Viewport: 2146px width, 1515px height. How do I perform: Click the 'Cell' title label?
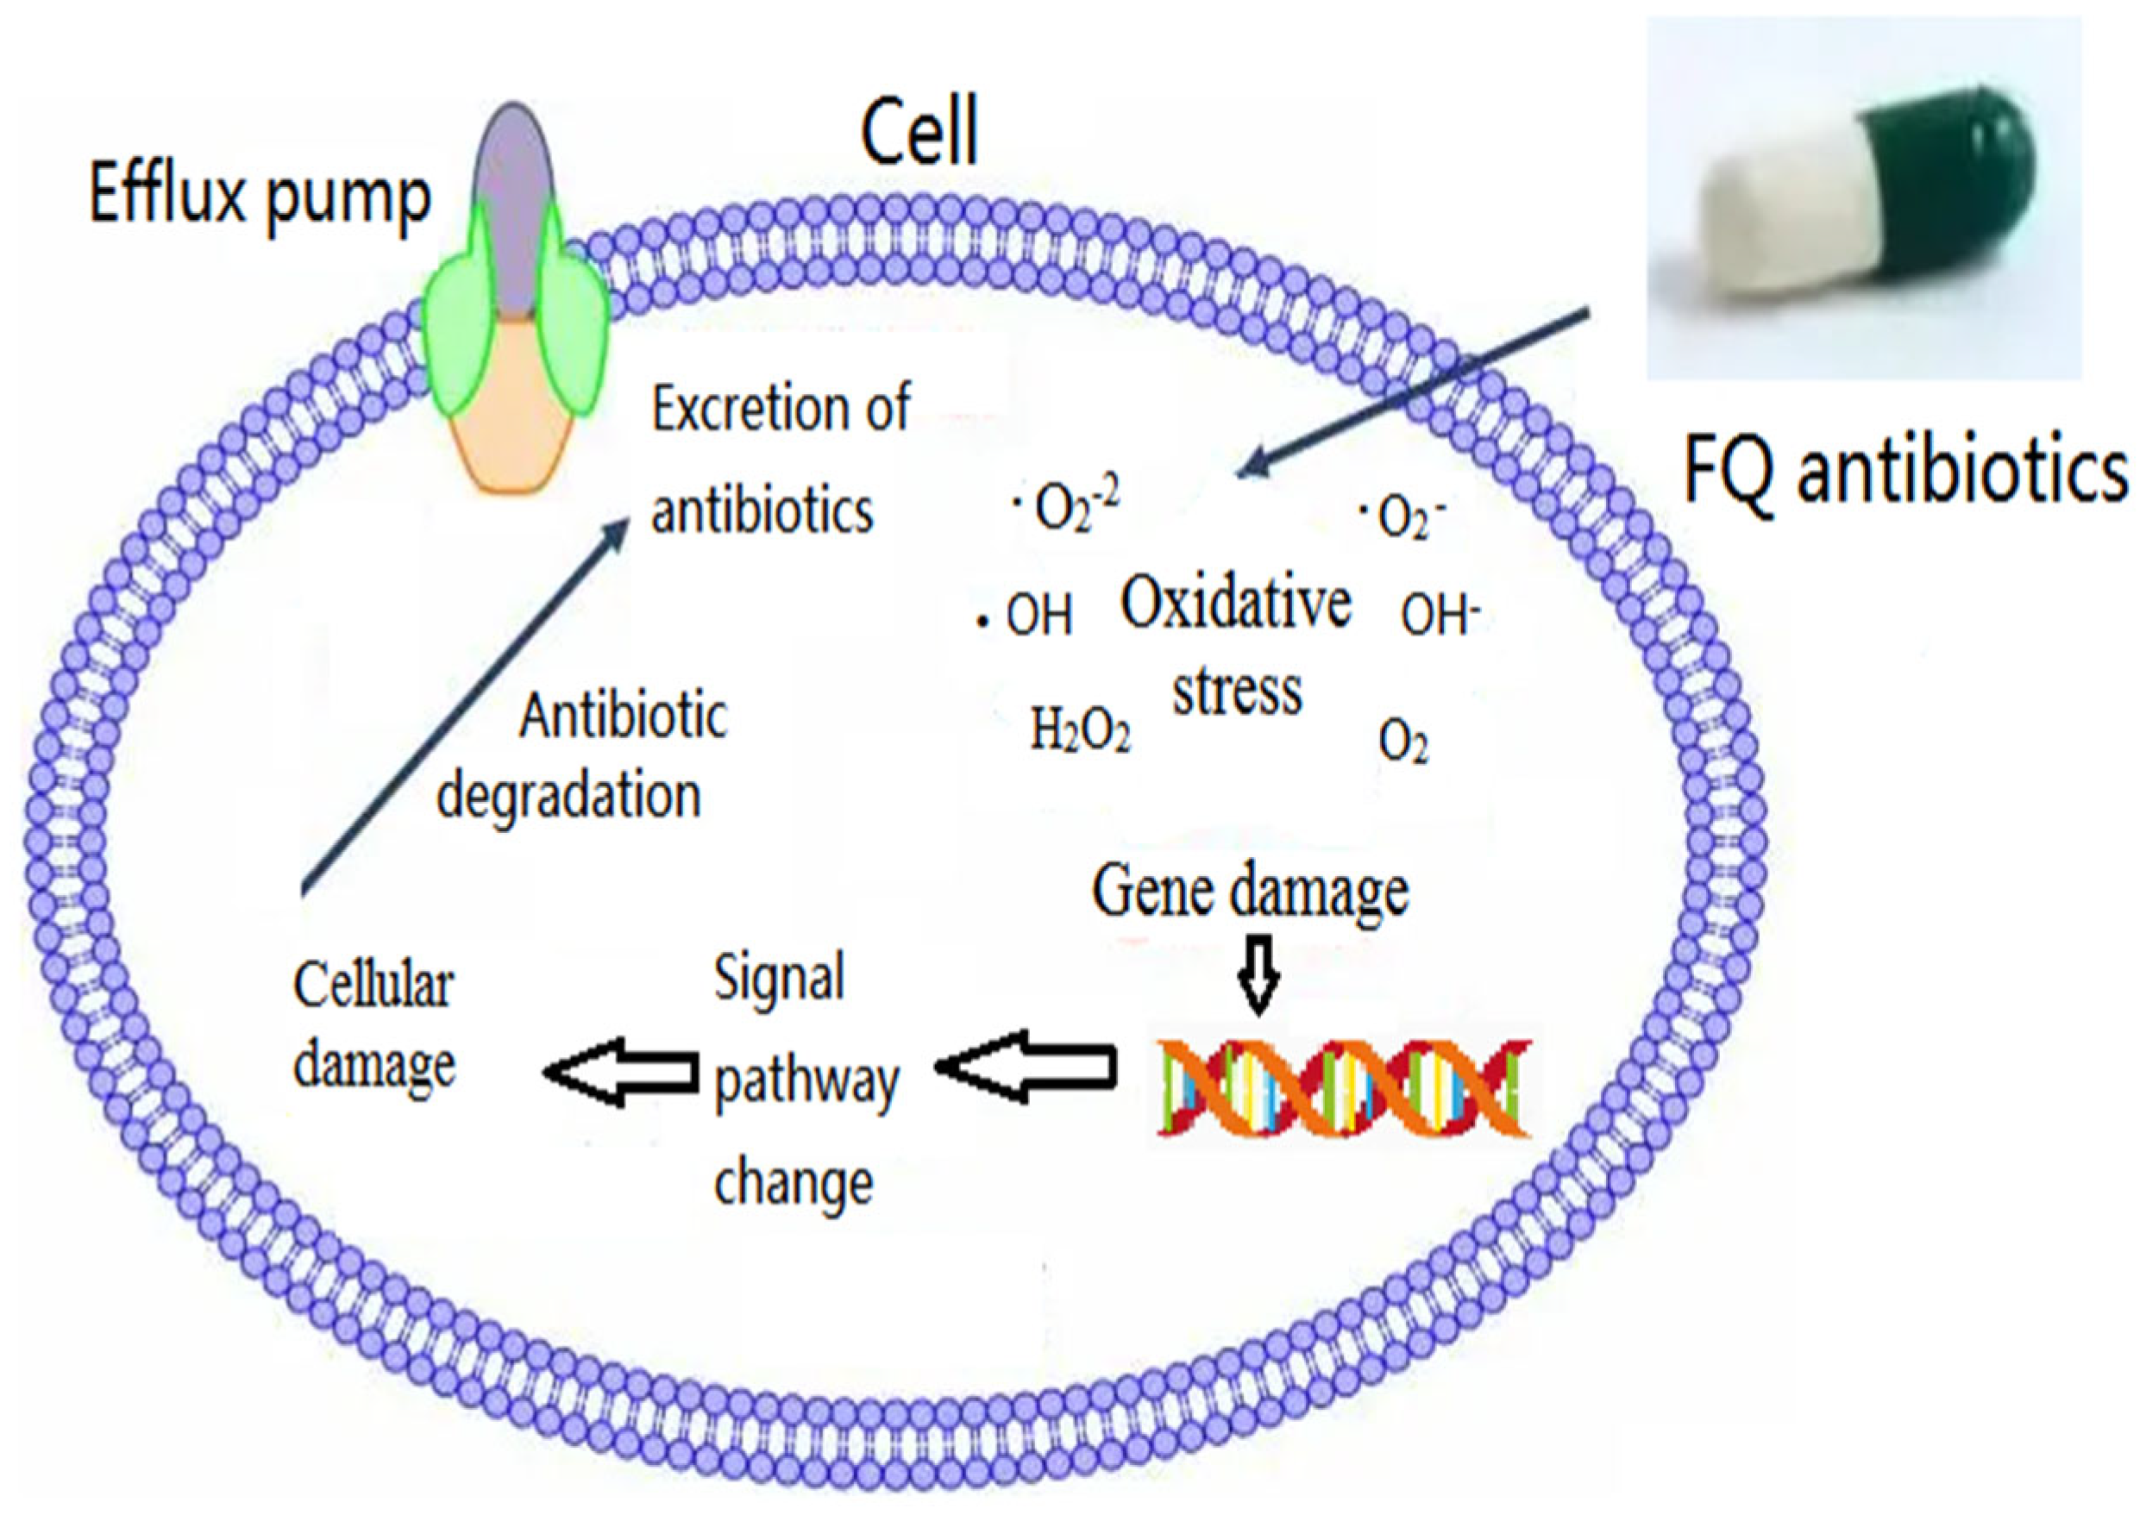click(919, 134)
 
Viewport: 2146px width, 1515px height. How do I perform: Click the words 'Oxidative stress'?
click(1236, 645)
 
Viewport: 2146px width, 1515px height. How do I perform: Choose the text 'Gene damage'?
click(1250, 892)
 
